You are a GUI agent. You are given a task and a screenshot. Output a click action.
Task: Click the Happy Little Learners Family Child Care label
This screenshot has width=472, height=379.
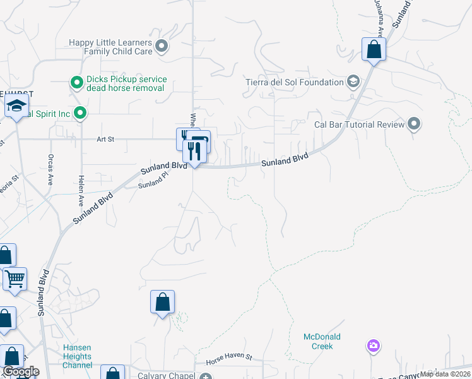point(111,47)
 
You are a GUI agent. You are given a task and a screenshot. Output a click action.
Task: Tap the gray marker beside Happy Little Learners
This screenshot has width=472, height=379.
point(162,45)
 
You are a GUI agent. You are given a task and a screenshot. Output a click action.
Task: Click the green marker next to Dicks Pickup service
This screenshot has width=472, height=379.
point(76,82)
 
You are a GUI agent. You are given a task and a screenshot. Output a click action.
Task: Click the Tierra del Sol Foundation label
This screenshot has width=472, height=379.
point(294,82)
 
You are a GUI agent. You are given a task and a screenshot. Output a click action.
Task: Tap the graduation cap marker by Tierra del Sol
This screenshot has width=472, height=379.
point(353,81)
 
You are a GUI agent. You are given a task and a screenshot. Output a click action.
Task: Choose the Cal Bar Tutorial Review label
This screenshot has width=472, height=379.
point(359,124)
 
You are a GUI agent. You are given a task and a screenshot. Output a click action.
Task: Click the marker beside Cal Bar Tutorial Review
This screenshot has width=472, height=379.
point(415,123)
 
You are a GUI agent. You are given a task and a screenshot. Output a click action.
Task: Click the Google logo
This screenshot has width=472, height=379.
point(20,371)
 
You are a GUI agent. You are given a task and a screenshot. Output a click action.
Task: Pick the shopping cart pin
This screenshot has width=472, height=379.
point(15,278)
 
